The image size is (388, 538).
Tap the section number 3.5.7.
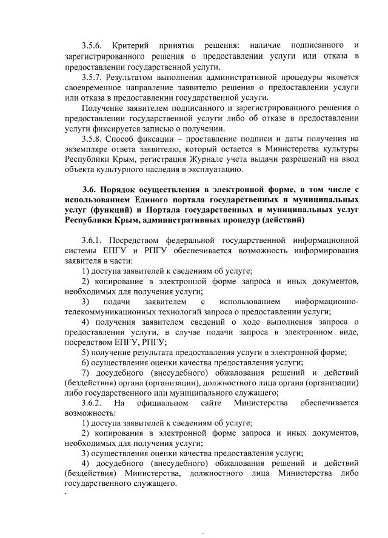[92, 77]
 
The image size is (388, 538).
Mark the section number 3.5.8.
[92, 139]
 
